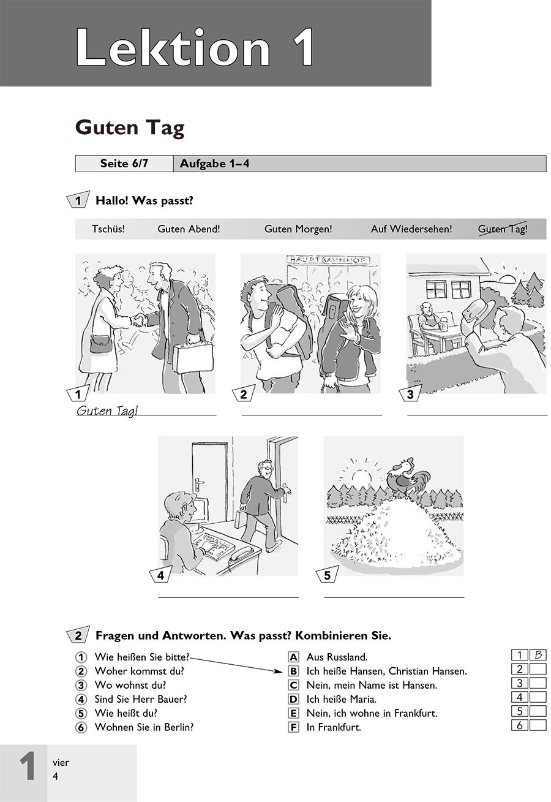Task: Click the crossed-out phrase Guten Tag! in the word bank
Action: (x=503, y=229)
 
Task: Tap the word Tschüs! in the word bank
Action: (x=108, y=229)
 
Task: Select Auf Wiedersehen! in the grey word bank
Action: (x=411, y=229)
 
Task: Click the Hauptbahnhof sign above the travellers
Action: (x=328, y=260)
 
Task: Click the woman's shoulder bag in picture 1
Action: (x=100, y=344)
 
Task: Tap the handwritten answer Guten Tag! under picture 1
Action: (x=107, y=410)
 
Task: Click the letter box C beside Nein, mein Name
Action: (x=293, y=685)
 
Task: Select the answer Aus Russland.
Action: (x=337, y=657)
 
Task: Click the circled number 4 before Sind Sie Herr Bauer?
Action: (x=81, y=699)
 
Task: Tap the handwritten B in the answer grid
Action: (x=538, y=655)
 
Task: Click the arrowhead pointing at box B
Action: (x=279, y=671)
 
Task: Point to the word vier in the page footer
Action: (x=61, y=763)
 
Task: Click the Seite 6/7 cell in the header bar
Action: (x=124, y=164)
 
